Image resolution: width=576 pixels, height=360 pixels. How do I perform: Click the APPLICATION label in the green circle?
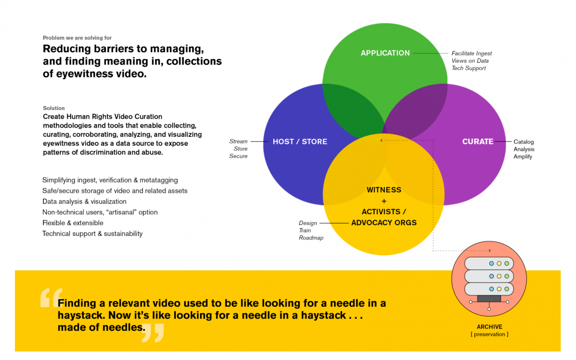[x=385, y=53]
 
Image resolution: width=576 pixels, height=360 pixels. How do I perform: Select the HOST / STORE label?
[x=300, y=142]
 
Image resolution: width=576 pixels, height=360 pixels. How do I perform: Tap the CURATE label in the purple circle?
[x=478, y=142]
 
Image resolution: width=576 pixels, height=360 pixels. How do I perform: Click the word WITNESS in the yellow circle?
[x=384, y=190]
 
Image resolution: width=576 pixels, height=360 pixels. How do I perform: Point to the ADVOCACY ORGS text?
[x=384, y=223]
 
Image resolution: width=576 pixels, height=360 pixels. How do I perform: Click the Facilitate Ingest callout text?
[x=471, y=53]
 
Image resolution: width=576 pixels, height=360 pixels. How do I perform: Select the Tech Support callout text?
[x=469, y=68]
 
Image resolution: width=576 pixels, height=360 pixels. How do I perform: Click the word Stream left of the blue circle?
[x=238, y=142]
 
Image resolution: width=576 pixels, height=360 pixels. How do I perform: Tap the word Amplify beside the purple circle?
[x=523, y=157]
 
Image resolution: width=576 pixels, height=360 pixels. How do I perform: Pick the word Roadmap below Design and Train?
[x=311, y=238]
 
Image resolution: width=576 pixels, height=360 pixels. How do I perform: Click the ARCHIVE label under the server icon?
[x=489, y=327]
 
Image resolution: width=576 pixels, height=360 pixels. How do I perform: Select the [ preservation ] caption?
[x=489, y=334]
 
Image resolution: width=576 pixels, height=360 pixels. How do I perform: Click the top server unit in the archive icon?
[x=489, y=263]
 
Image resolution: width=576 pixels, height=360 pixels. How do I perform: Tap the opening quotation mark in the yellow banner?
[x=51, y=298]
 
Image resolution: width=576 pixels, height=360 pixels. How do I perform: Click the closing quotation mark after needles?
[x=153, y=332]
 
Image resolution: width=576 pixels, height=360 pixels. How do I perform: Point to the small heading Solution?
[x=54, y=108]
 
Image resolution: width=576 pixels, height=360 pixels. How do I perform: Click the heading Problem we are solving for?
[x=77, y=38]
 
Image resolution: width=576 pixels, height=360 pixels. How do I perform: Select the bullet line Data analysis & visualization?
[x=84, y=201]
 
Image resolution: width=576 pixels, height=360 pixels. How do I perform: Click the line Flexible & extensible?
[x=73, y=223]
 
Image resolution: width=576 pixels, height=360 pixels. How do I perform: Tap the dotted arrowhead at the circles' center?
[x=381, y=140]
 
